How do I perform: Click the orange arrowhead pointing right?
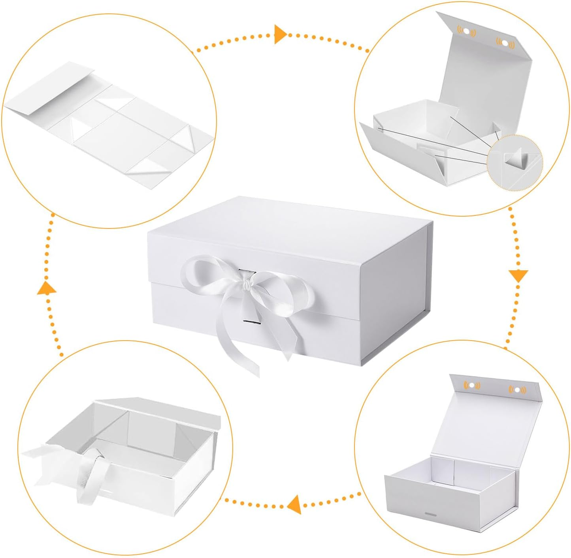click(280, 34)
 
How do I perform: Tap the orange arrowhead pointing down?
click(518, 275)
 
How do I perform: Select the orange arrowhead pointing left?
click(294, 504)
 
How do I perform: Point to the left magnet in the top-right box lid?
click(467, 31)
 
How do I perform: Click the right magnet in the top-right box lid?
click(505, 42)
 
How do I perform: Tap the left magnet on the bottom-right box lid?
click(472, 385)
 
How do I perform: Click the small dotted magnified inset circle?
click(514, 162)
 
